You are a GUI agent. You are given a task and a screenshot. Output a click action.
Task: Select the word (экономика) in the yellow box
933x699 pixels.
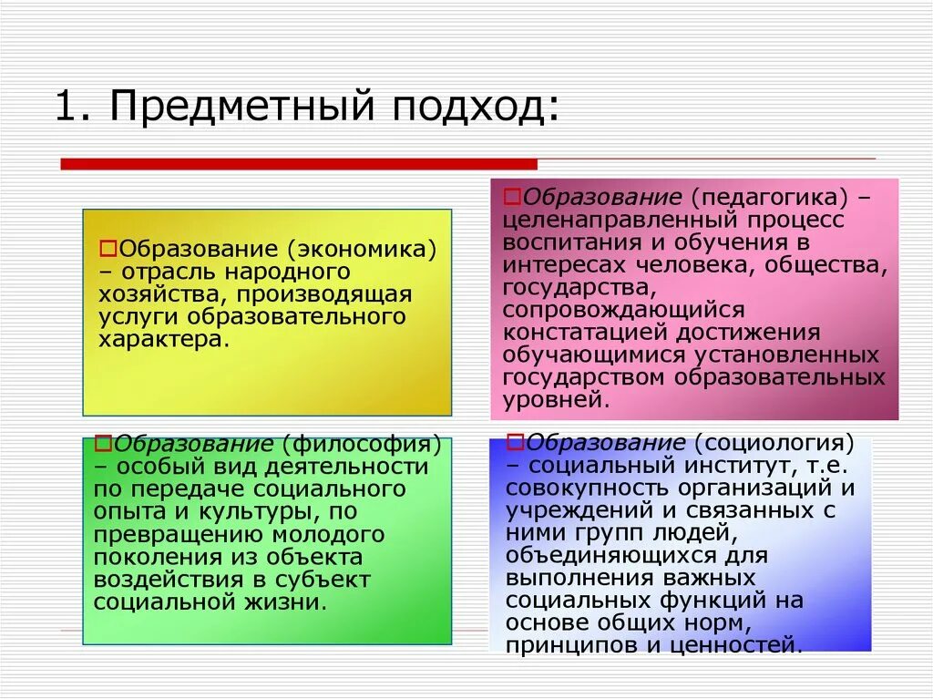[x=361, y=249]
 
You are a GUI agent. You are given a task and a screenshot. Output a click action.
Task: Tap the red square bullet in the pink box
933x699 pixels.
[x=512, y=197]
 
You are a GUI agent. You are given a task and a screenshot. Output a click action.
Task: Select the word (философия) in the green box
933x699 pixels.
[x=362, y=445]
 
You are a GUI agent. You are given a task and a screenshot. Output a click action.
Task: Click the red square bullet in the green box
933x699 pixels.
[x=102, y=444]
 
